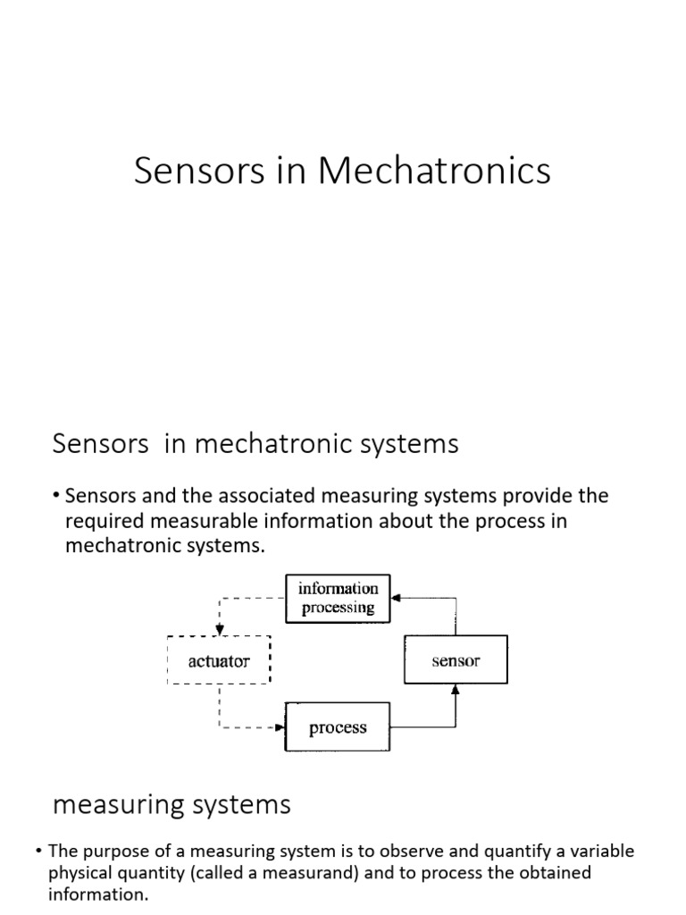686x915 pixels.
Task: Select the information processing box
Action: point(338,598)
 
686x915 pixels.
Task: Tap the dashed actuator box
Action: point(218,661)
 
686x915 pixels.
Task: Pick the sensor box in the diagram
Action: point(456,661)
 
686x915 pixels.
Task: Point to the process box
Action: point(338,727)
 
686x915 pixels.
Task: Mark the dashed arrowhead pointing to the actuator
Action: point(218,629)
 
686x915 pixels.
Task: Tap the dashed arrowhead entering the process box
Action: point(280,727)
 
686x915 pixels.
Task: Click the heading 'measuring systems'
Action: point(171,805)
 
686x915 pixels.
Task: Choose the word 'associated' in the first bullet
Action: point(244,496)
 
